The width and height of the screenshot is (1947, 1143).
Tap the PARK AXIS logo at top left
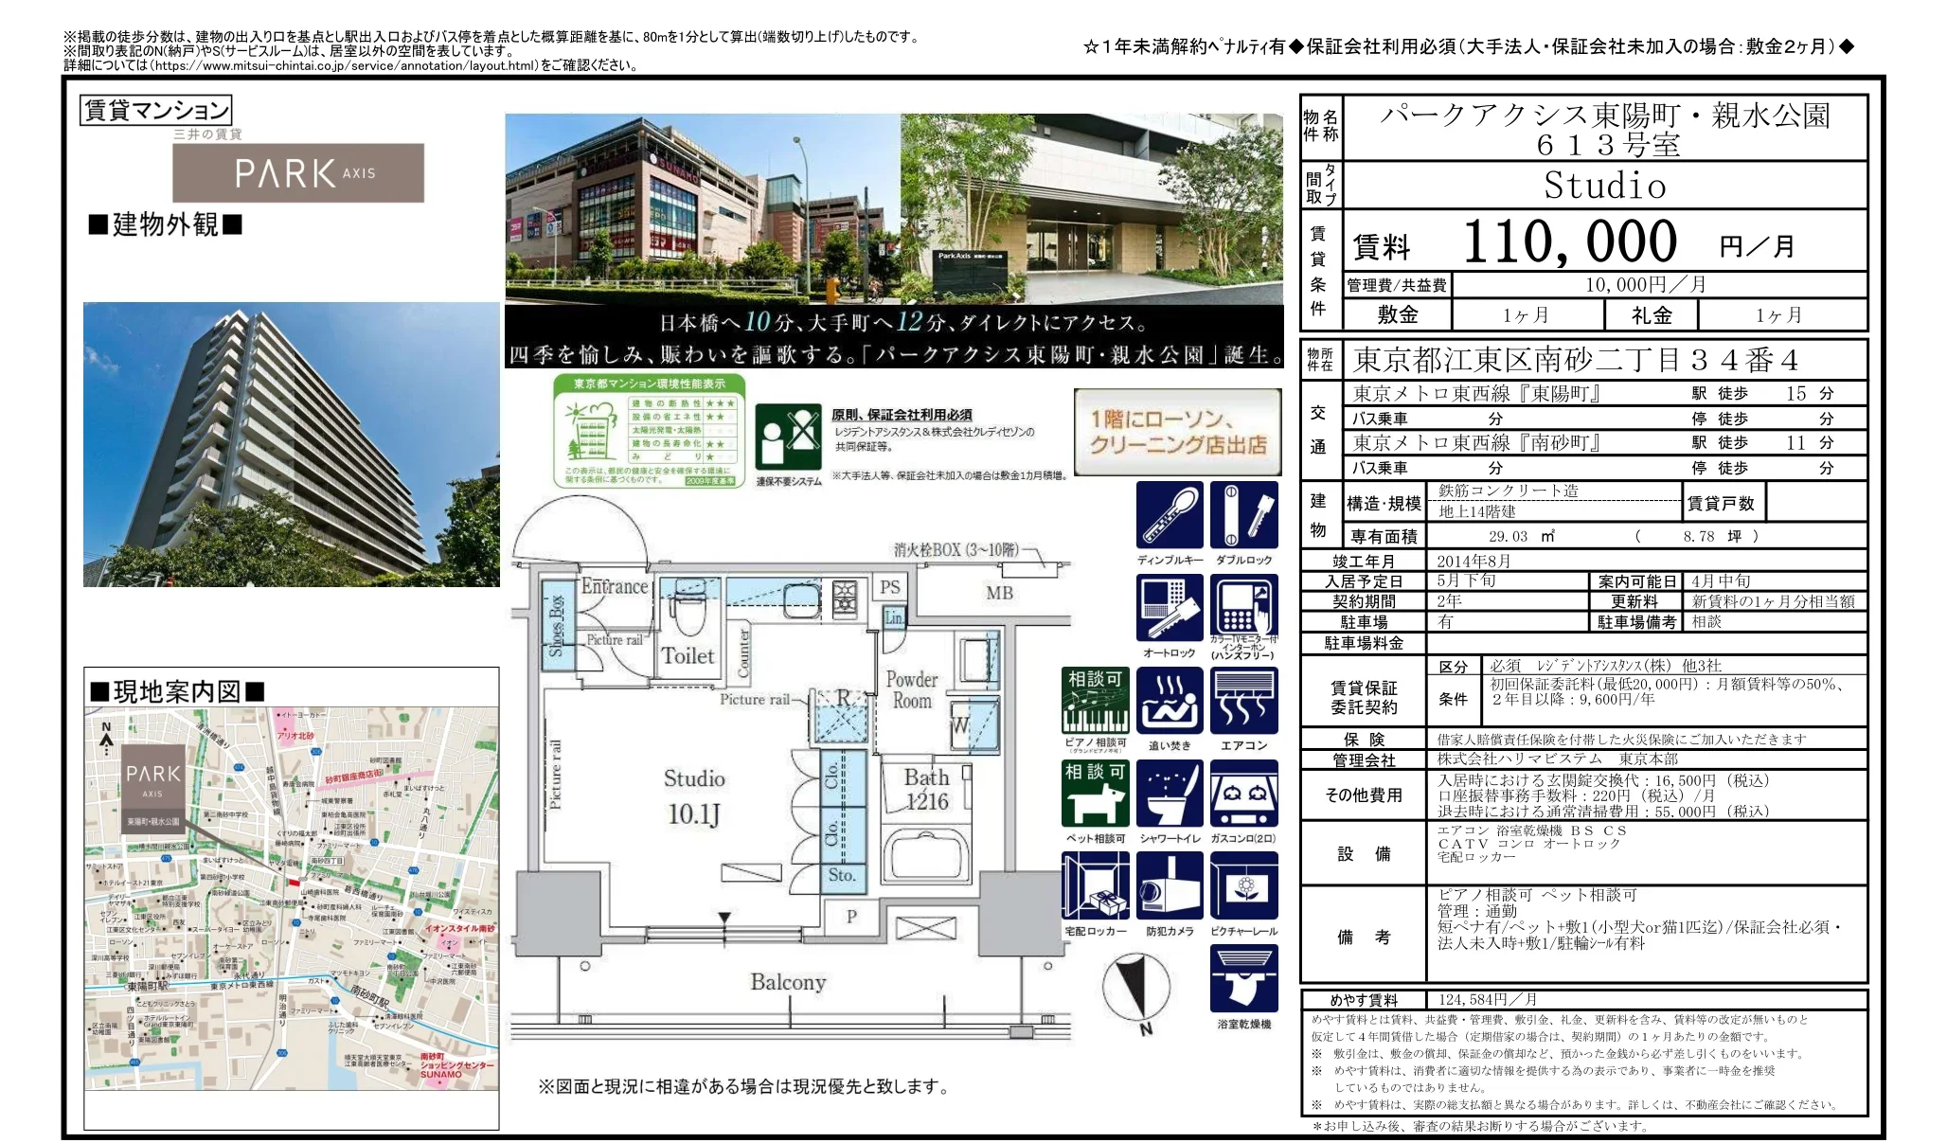pos(298,173)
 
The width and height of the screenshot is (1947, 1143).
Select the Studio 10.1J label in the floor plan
pos(694,796)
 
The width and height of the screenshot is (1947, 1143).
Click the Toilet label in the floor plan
pos(688,655)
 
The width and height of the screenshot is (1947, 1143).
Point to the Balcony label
pos(788,982)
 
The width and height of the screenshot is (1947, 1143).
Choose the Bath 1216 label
pos(926,789)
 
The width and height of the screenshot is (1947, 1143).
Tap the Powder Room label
pos(911,690)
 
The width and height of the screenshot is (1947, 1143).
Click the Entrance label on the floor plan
pos(614,586)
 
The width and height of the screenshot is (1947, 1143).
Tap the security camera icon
pos(1170,886)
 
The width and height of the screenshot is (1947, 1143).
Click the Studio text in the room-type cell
pos(1604,186)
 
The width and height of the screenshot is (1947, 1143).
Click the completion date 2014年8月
pos(1474,561)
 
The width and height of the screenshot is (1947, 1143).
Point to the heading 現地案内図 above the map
pos(177,691)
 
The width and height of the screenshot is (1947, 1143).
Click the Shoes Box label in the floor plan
pos(557,626)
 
